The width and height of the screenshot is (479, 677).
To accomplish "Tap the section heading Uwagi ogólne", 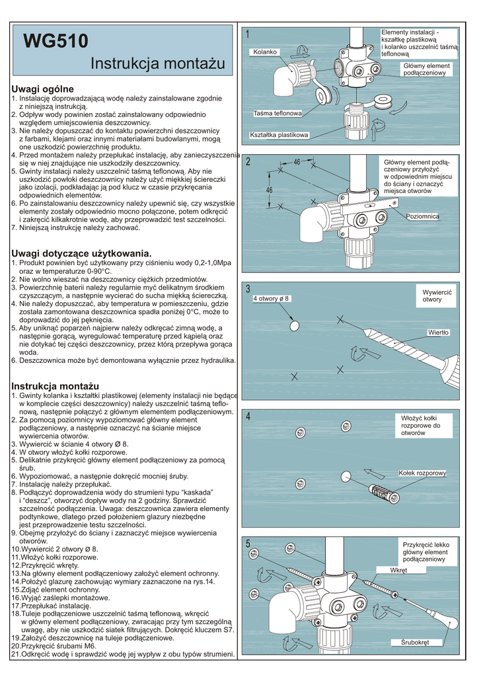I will click(43, 89).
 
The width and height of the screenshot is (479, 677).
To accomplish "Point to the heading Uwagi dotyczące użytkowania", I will click(82, 253).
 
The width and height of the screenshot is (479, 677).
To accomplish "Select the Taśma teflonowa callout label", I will click(277, 114).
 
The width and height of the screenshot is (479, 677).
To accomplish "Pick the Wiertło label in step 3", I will click(438, 332).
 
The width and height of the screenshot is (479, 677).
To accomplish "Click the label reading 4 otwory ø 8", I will click(272, 299).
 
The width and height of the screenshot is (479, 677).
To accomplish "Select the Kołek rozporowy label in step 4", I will click(423, 473).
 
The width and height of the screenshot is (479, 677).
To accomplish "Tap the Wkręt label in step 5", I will click(398, 570).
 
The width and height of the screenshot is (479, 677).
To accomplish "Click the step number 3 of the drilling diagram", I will click(248, 289).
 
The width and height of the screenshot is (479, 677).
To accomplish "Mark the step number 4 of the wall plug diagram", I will click(248, 417).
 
